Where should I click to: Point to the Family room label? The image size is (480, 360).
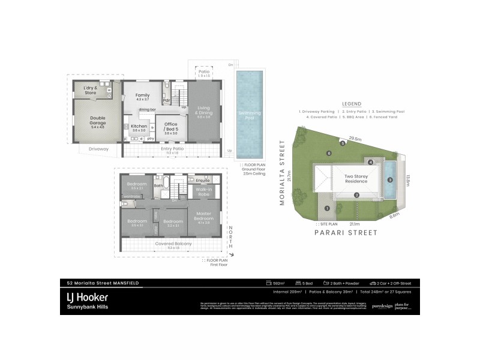[143, 97]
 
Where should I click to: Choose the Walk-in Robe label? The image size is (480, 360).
[203, 192]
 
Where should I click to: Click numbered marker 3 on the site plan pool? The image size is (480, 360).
[390, 180]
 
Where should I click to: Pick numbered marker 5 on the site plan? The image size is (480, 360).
[343, 143]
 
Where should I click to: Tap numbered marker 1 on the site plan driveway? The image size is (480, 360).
[327, 208]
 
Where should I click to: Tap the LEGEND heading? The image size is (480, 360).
[351, 104]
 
